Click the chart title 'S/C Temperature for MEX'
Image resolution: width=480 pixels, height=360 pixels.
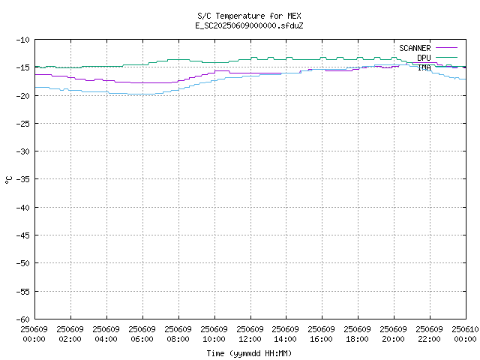pos(249,16)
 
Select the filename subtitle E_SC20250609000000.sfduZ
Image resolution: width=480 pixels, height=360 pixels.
pos(249,25)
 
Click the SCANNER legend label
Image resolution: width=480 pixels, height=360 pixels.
pos(415,48)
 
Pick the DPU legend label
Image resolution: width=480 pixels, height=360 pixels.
pos(424,58)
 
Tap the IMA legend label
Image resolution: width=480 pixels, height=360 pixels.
pos(424,67)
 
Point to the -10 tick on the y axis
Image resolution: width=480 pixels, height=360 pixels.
pos(23,40)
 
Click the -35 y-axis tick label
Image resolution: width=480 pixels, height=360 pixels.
pos(23,179)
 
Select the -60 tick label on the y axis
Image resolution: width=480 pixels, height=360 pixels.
pos(23,319)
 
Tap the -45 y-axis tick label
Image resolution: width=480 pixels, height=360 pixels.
pos(23,235)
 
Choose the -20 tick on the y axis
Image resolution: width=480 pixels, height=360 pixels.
pos(23,96)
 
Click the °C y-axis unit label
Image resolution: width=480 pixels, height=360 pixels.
pos(8,180)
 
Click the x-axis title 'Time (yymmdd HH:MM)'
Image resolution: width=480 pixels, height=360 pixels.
pos(249,353)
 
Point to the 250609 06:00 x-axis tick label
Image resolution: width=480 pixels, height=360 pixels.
pos(142,334)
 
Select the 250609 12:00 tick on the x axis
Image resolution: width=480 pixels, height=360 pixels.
pos(250,334)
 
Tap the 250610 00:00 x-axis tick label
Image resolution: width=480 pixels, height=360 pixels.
pos(465,334)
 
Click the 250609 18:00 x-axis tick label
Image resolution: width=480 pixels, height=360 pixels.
pos(357,334)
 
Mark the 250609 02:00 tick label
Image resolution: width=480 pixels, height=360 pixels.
pos(70,334)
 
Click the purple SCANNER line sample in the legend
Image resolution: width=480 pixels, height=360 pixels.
pos(447,48)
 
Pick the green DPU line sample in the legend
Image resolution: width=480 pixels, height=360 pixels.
pos(447,57)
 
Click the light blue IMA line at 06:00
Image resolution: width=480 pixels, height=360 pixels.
pos(142,94)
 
